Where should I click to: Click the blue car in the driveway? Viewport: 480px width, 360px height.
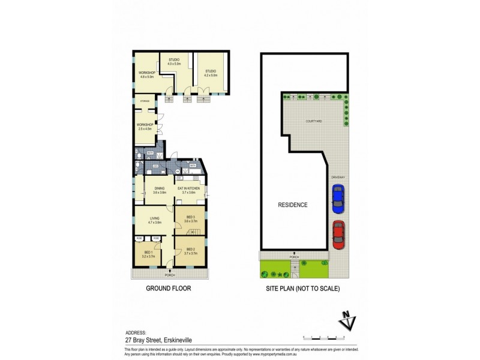point(338,199)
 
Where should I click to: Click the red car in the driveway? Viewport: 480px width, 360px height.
point(338,235)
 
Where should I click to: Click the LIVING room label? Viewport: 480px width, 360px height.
point(154,220)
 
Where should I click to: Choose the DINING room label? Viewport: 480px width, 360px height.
point(159,190)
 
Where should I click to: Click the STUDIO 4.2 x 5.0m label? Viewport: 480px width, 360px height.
point(210,73)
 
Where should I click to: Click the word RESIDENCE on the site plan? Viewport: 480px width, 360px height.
point(293,205)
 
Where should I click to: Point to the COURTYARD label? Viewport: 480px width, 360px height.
point(313,121)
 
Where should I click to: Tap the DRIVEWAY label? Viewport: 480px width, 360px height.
point(338,177)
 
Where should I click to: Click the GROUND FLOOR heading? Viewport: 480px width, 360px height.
point(169,289)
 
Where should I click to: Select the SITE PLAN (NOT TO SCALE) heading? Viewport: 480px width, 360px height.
point(303,289)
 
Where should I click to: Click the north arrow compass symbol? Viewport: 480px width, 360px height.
point(346,322)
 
